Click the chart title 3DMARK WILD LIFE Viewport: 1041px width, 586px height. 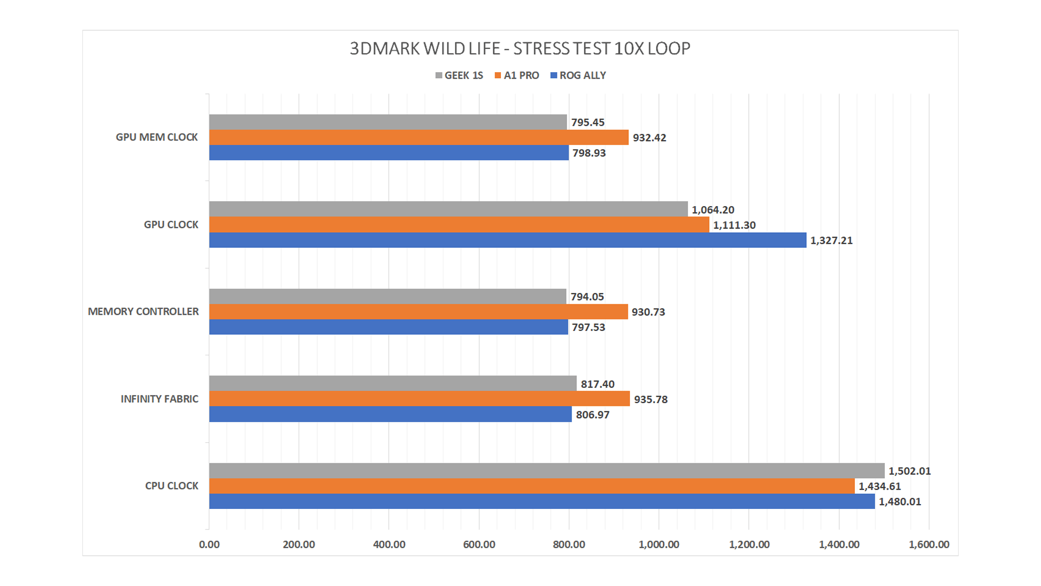pyautogui.click(x=519, y=49)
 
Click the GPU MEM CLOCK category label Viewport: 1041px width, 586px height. pyautogui.click(x=157, y=137)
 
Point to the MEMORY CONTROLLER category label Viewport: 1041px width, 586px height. pyautogui.click(x=143, y=311)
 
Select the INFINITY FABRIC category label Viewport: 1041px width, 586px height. pyautogui.click(x=159, y=399)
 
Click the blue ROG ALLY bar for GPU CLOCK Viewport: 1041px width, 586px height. pyautogui.click(x=507, y=240)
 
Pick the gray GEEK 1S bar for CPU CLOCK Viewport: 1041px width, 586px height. pyautogui.click(x=547, y=470)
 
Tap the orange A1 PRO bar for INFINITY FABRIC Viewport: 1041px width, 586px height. pyautogui.click(x=419, y=399)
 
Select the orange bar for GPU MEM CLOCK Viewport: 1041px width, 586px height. pyautogui.click(x=419, y=137)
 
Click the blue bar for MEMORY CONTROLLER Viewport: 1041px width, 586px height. pyautogui.click(x=388, y=327)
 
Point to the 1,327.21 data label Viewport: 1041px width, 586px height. pyautogui.click(x=831, y=240)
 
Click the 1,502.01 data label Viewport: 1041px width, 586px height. pyautogui.click(x=909, y=471)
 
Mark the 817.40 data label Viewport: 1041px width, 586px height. pyautogui.click(x=597, y=384)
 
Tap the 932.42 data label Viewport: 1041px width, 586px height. pyautogui.click(x=649, y=138)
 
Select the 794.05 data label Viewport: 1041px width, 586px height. pyautogui.click(x=587, y=297)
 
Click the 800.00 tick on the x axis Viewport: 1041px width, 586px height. pyautogui.click(x=569, y=544)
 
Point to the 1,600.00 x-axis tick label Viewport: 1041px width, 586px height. pyautogui.click(x=929, y=544)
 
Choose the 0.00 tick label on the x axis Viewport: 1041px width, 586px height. pyautogui.click(x=209, y=544)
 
